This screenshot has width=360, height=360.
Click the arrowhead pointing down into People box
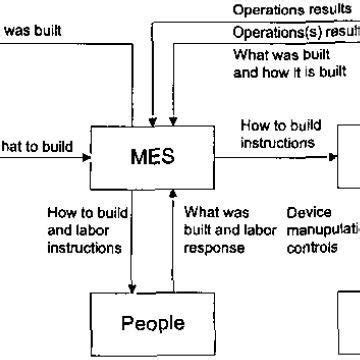tap(131, 285)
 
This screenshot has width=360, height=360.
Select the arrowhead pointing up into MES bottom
tap(174, 194)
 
